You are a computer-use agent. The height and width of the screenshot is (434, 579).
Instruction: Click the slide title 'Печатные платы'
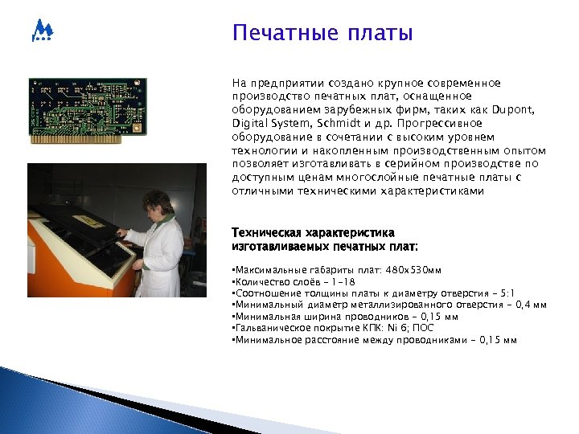point(322,34)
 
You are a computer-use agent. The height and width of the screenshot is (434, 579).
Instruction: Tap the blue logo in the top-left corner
point(42,31)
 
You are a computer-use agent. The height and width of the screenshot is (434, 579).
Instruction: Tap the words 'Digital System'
point(269,124)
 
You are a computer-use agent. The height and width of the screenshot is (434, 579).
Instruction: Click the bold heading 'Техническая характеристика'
point(312,232)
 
